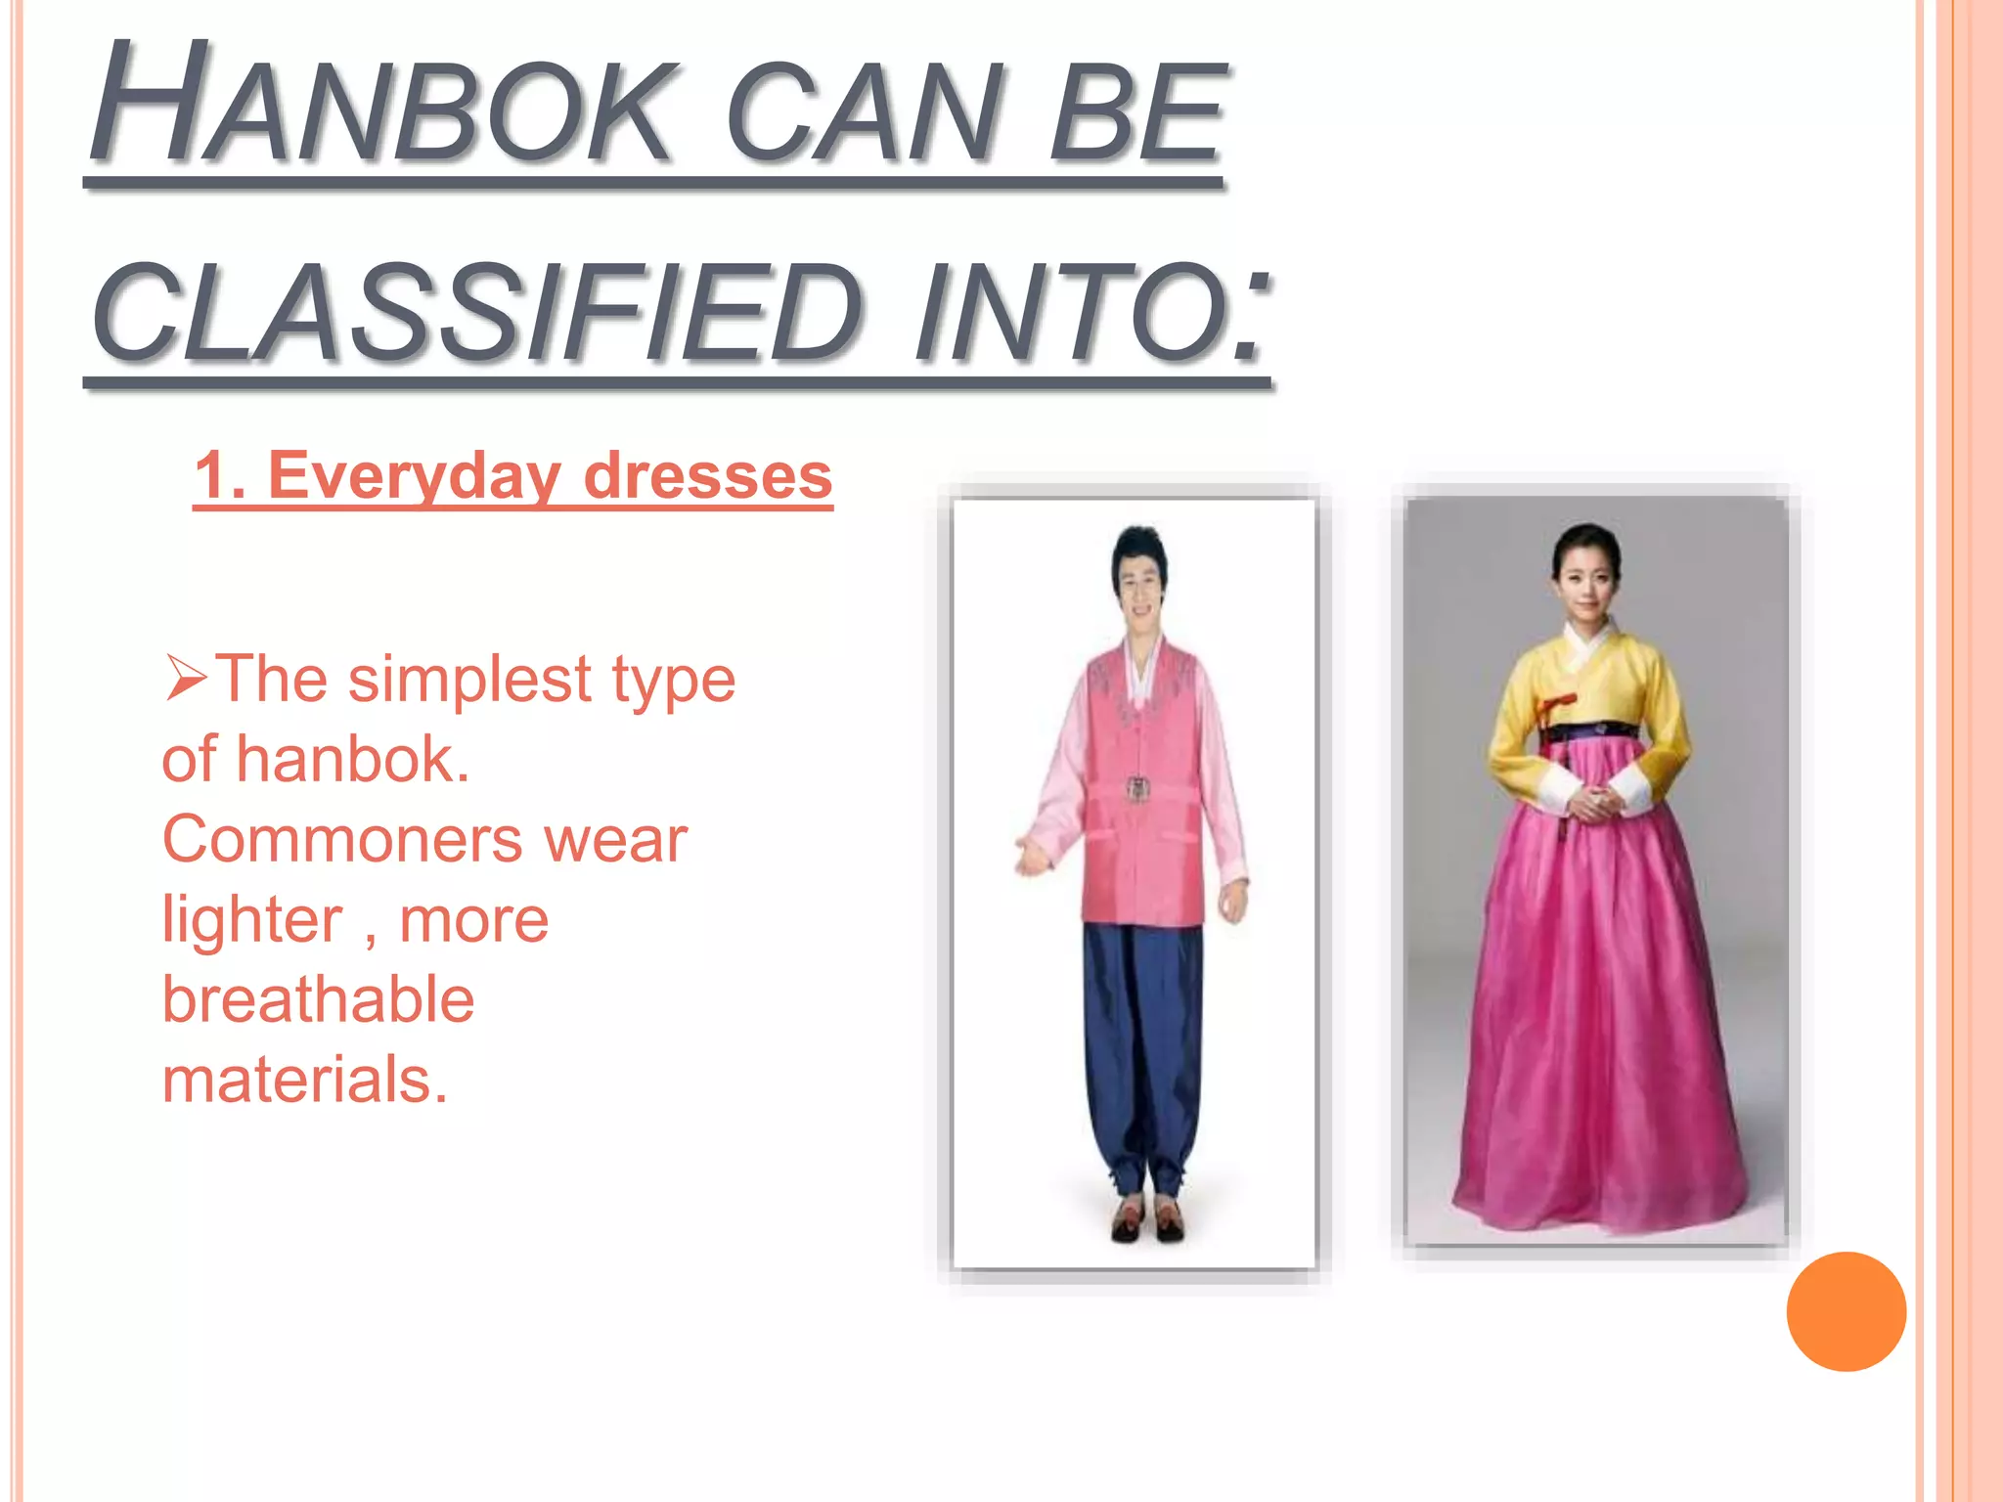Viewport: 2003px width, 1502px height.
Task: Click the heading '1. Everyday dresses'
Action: [x=513, y=476]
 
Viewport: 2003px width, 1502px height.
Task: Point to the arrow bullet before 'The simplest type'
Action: [x=185, y=677]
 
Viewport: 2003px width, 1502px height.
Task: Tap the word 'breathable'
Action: [x=318, y=1000]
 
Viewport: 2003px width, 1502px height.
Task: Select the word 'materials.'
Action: [x=304, y=1080]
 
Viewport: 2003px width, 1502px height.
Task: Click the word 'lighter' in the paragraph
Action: [x=252, y=920]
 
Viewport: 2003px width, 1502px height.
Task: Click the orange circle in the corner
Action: [x=1846, y=1311]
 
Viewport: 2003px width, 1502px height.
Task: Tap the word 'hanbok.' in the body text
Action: [x=352, y=760]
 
